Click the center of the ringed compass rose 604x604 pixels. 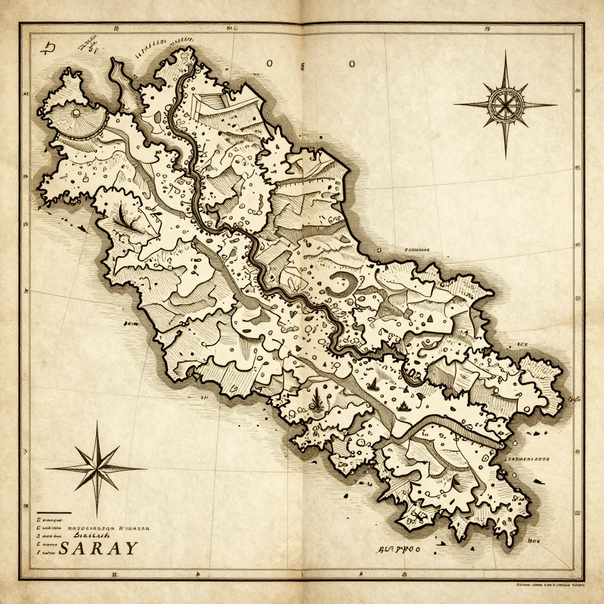click(x=505, y=104)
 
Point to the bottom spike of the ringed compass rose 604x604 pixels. click(x=505, y=155)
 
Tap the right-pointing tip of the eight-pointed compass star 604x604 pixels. click(x=144, y=469)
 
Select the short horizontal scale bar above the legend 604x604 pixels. click(x=54, y=513)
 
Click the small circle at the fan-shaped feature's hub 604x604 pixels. click(x=75, y=112)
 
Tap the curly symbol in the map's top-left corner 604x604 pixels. click(x=47, y=48)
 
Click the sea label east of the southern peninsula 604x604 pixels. click(x=527, y=458)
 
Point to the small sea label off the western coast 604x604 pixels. click(x=129, y=324)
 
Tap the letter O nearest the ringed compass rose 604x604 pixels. click(x=352, y=64)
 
